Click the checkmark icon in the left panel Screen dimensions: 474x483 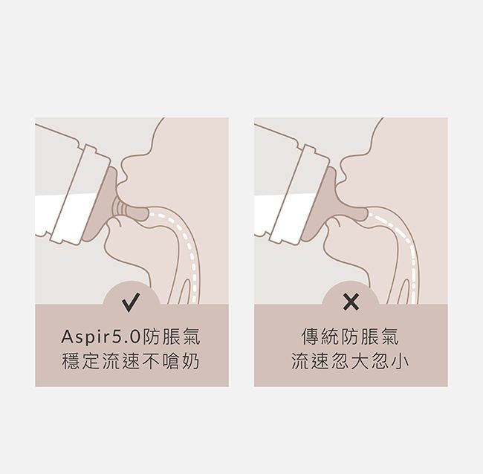pos(131,302)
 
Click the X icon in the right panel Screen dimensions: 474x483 pos(351,302)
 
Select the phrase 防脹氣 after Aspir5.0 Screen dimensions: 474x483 pos(173,338)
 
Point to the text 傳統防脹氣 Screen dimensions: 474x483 pos(351,338)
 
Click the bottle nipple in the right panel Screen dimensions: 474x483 pos(338,204)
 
